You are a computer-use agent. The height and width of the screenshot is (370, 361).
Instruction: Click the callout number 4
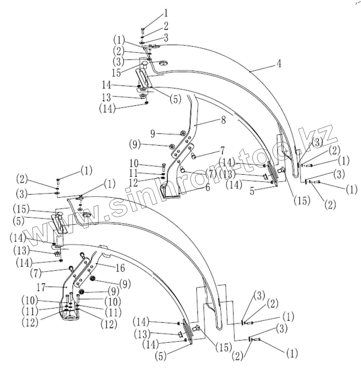(279, 64)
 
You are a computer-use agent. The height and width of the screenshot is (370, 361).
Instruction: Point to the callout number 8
(224, 120)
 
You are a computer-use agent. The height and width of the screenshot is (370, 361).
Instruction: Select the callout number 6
(208, 188)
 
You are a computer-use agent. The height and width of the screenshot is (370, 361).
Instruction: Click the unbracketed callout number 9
(153, 133)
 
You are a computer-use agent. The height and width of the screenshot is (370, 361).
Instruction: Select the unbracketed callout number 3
(166, 37)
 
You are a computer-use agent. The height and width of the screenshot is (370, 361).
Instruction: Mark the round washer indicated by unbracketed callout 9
(182, 133)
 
